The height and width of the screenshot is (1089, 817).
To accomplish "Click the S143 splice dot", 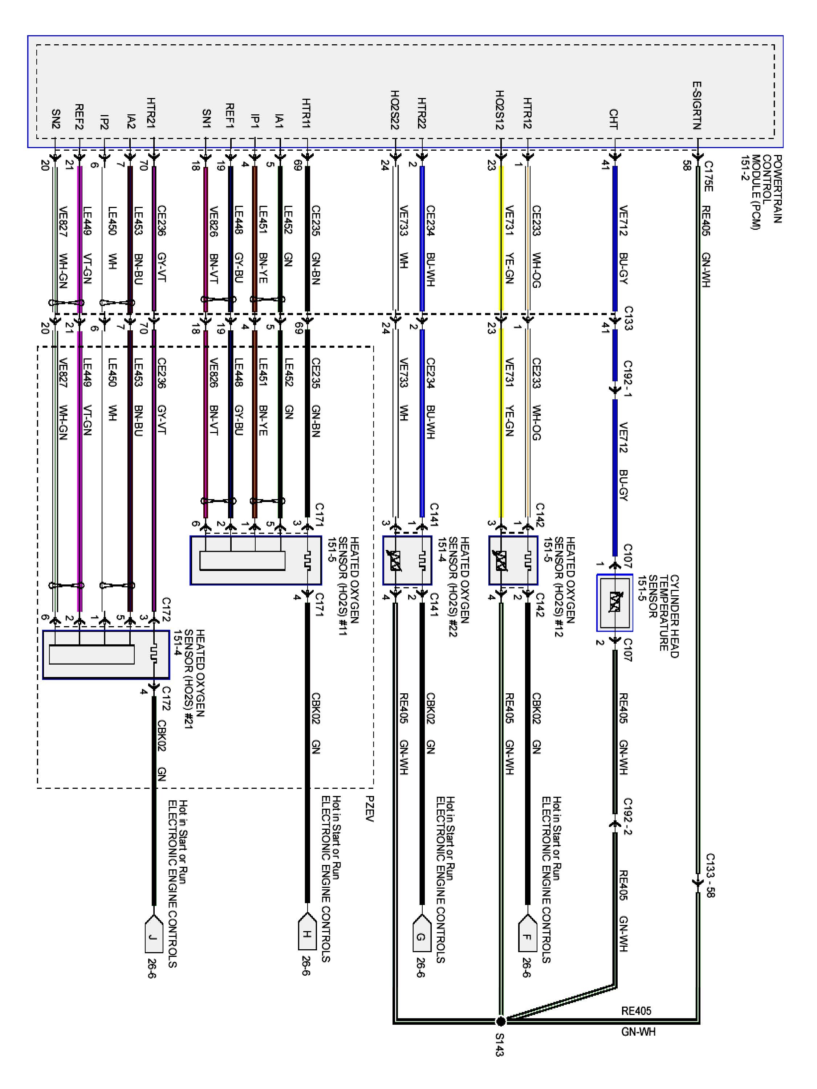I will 500,1020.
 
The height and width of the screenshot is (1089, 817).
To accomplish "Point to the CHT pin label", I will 613,119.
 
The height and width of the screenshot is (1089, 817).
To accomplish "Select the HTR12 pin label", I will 528,113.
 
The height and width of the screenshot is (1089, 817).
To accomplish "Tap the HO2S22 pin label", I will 394,109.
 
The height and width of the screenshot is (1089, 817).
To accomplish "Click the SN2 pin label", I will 56,119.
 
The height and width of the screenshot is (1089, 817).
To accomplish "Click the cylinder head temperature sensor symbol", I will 614,602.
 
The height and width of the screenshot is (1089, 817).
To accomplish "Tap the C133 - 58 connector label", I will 710,875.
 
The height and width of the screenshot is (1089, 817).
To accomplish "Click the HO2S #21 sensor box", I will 105,654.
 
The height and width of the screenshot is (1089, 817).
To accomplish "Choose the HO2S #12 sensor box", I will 513,560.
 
